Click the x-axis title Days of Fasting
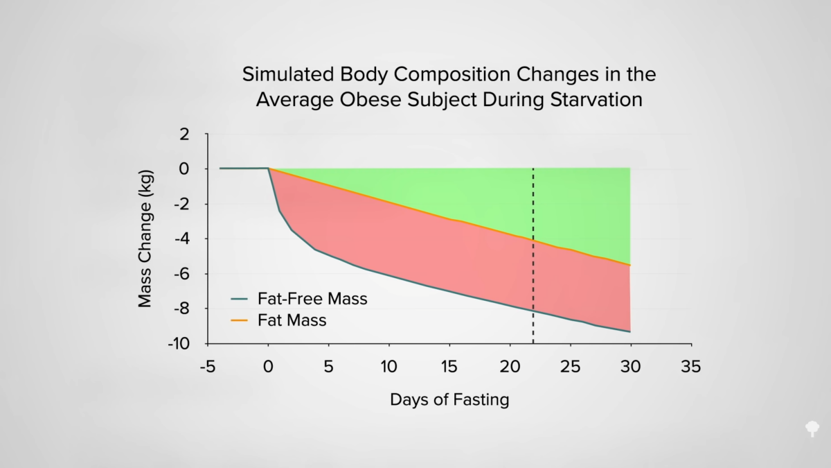(449, 400)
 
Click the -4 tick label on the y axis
(181, 239)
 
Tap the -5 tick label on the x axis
(207, 367)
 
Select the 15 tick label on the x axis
(449, 367)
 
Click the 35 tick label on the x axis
(690, 367)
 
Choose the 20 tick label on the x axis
(510, 367)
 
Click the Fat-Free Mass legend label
(312, 300)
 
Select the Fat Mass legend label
(292, 320)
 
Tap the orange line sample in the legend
(239, 320)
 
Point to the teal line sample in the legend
(239, 300)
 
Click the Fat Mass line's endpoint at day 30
(630, 265)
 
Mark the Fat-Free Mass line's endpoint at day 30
(630, 331)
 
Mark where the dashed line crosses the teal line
(533, 309)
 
